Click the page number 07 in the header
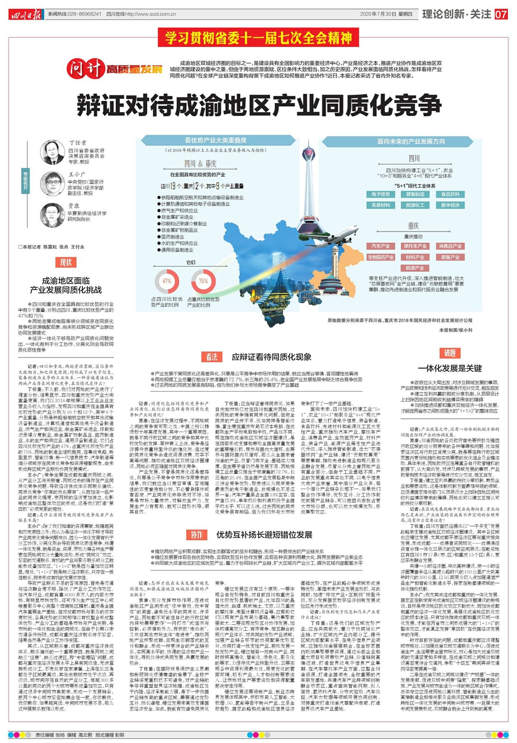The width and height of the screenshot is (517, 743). [x=501, y=14]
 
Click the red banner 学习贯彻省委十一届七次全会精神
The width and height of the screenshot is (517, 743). [x=258, y=38]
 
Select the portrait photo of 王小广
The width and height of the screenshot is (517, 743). [x=53, y=183]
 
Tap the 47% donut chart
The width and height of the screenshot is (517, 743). [x=167, y=281]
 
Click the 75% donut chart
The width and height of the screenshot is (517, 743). [x=203, y=281]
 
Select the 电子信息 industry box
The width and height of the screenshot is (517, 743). [x=380, y=194]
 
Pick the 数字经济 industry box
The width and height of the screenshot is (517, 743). [x=450, y=205]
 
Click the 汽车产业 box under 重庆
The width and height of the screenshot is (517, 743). [x=380, y=246]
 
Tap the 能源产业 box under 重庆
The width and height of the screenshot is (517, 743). [x=415, y=268]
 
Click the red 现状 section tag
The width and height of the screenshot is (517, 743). [x=66, y=262]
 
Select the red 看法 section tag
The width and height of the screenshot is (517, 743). [x=212, y=357]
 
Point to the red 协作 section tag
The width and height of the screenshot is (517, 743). [x=197, y=535]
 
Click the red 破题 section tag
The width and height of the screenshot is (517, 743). [x=450, y=353]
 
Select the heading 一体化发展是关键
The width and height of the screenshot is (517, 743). [x=450, y=368]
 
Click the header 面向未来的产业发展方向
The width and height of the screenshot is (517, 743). [x=411, y=141]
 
